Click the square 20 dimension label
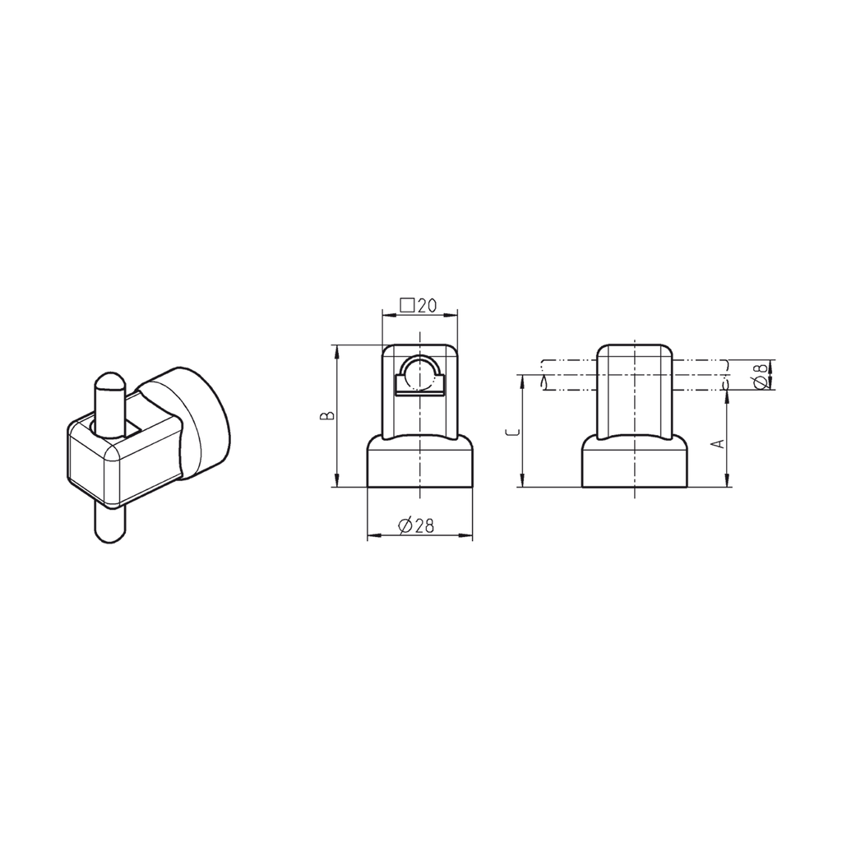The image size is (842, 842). coord(417,305)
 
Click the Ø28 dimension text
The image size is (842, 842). coord(417,527)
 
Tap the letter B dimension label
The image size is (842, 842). coord(326,416)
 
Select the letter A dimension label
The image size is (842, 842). coord(718,442)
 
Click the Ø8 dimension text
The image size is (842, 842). coord(761,375)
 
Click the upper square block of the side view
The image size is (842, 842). coord(635,391)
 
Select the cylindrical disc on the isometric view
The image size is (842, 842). coord(201,419)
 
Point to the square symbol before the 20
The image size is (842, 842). coord(406,305)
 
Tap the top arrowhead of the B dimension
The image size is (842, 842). coord(336,350)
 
